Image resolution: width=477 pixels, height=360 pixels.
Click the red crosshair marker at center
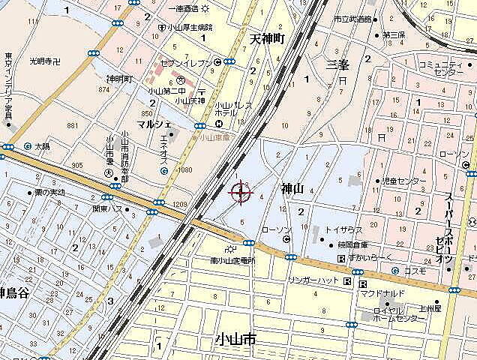click(x=241, y=193)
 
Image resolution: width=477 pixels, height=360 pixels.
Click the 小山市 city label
click(x=234, y=339)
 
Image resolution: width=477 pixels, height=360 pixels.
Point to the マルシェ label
click(x=154, y=123)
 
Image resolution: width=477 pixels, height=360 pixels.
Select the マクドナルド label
click(x=382, y=293)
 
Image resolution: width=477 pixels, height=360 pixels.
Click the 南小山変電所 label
click(x=232, y=261)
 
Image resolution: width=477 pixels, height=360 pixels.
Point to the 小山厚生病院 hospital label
click(x=190, y=27)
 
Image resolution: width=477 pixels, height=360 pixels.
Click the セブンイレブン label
click(x=186, y=61)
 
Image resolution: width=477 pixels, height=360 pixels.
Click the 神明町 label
click(x=119, y=78)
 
